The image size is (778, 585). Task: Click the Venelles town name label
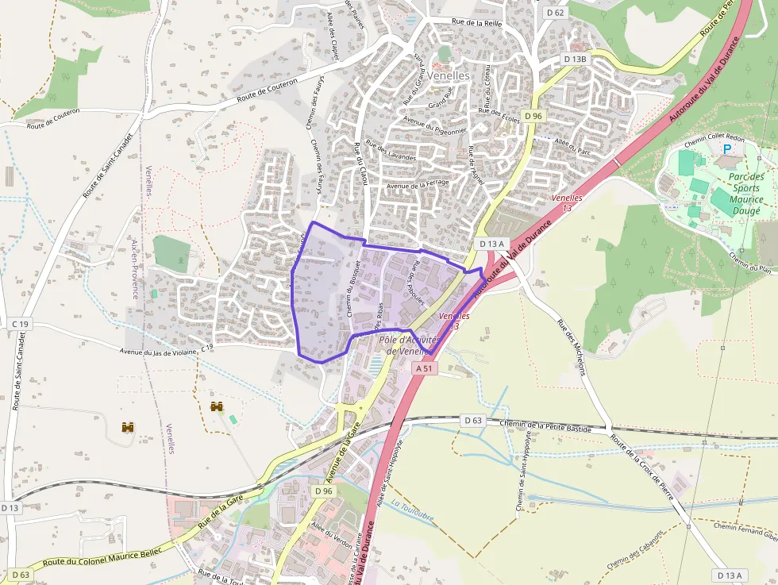coord(449,76)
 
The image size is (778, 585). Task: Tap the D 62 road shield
coord(556,12)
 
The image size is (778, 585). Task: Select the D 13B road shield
coord(575,59)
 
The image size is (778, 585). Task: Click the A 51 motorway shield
coord(425,368)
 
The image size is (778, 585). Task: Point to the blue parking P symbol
coord(726,149)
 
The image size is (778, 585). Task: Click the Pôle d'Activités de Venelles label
coord(409,345)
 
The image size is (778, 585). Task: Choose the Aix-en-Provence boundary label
coord(136,270)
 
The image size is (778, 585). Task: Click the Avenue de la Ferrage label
coord(418,184)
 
